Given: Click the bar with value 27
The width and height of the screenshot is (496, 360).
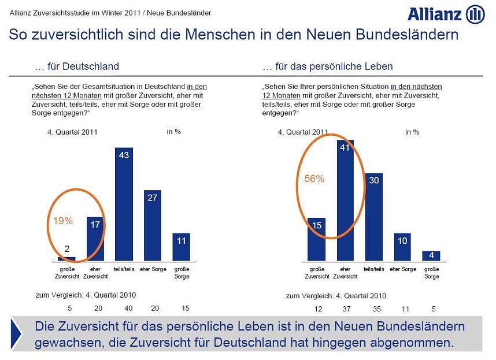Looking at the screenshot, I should coord(152,225).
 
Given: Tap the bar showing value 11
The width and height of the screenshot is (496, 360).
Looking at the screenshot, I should coord(181,247).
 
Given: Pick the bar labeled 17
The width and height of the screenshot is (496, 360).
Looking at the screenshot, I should coord(95,239).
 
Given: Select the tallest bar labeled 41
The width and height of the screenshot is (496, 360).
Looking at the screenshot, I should coord(345,200).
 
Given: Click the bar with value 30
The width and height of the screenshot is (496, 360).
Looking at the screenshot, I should coord(373,217).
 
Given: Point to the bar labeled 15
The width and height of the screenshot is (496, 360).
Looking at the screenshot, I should coord(317,239).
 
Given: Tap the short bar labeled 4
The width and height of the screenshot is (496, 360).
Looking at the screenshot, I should coord(431,255).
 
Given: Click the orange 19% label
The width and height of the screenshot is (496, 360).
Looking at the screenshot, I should coord(63,221).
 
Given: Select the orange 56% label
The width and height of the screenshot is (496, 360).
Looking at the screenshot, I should coord(314,179).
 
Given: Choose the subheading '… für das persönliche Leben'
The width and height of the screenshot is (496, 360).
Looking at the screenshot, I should coord(327,66).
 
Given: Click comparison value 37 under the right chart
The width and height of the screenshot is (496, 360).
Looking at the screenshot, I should coord(346,309).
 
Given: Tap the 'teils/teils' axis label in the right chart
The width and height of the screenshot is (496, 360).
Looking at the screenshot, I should coord(374,269).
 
